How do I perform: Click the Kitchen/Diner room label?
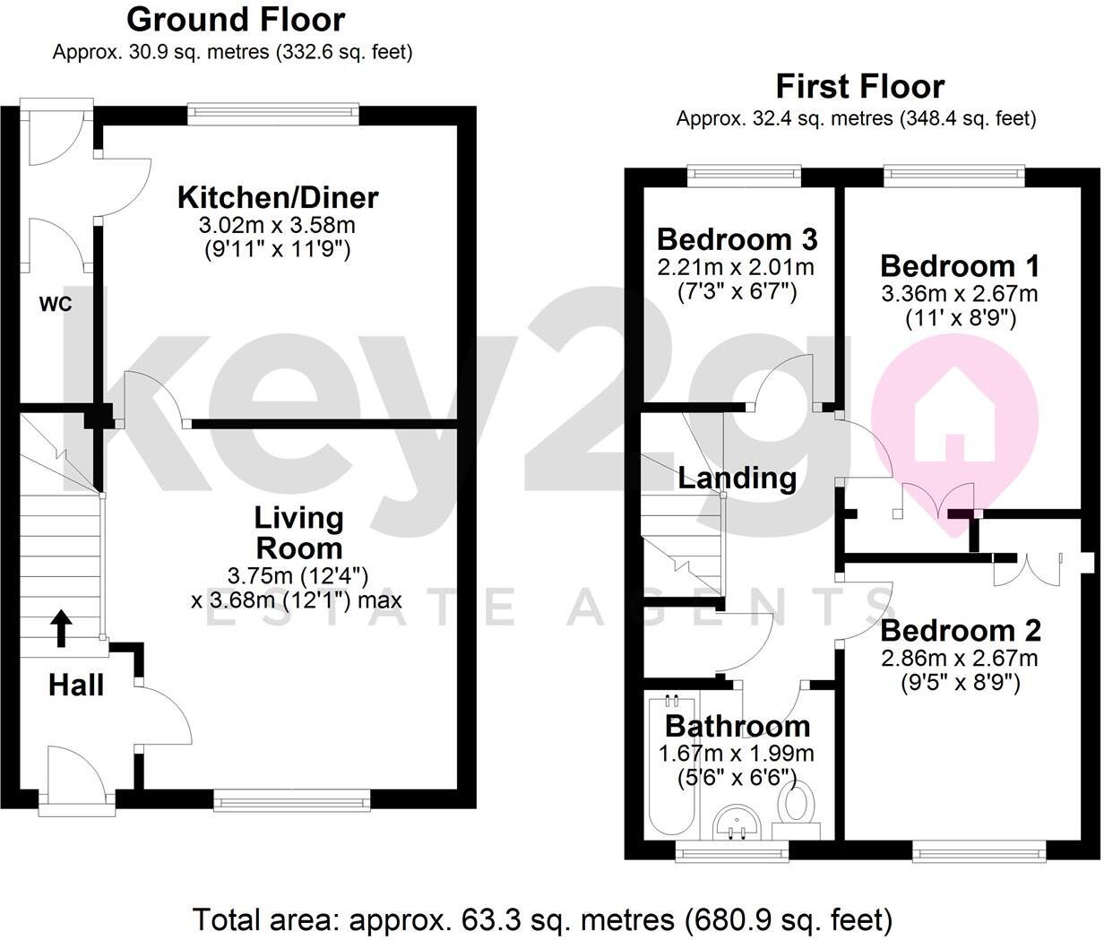pos(278,197)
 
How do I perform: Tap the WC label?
pos(55,305)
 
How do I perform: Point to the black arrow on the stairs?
pos(62,628)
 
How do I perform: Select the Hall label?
pos(76,686)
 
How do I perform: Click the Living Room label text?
pos(298,532)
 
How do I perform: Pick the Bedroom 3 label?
pos(737,239)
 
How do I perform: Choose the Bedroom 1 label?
pos(960,266)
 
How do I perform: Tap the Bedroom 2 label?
pos(960,631)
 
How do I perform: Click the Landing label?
pos(737,478)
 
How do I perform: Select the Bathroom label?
pos(737,726)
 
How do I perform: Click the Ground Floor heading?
pos(235,19)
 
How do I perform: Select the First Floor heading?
pos(859,87)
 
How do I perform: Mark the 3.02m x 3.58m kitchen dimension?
pos(278,225)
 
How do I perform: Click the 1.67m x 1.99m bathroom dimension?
pos(737,754)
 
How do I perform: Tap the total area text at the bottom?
pos(543,918)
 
